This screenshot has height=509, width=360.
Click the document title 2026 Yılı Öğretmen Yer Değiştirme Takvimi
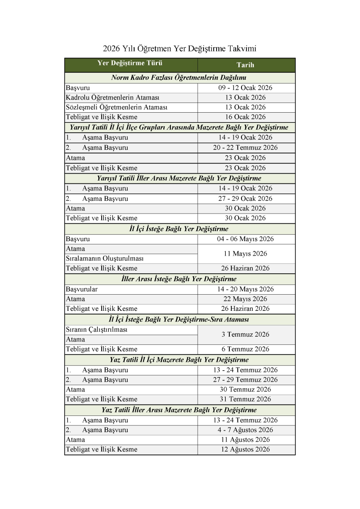click(x=180, y=49)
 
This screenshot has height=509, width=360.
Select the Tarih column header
click(x=245, y=65)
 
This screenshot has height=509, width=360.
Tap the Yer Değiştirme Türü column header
click(x=130, y=63)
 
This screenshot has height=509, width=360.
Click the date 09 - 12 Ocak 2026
click(x=245, y=88)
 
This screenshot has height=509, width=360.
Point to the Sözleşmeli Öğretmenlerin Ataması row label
click(x=116, y=107)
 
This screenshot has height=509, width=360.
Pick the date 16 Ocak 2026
click(x=245, y=117)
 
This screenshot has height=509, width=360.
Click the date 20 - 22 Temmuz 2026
click(x=245, y=148)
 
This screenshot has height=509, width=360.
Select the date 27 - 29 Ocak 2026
click(x=245, y=199)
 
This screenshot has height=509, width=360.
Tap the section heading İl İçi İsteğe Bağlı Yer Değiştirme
click(x=179, y=229)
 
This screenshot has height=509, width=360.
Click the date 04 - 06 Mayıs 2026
click(x=245, y=239)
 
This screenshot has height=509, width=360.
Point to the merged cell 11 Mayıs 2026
click(x=245, y=254)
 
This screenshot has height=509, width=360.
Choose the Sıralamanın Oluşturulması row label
click(x=105, y=258)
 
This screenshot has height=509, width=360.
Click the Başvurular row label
click(x=82, y=289)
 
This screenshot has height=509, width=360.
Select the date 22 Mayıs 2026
click(x=245, y=299)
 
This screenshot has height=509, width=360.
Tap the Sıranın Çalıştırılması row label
click(x=96, y=330)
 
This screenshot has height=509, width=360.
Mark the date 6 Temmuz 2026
click(x=245, y=349)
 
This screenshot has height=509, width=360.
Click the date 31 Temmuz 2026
click(x=245, y=399)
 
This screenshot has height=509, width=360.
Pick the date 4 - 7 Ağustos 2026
click(x=245, y=430)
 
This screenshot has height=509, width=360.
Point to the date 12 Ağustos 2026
click(x=245, y=449)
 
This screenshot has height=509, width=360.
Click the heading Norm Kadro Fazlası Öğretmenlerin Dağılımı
click(x=179, y=78)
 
